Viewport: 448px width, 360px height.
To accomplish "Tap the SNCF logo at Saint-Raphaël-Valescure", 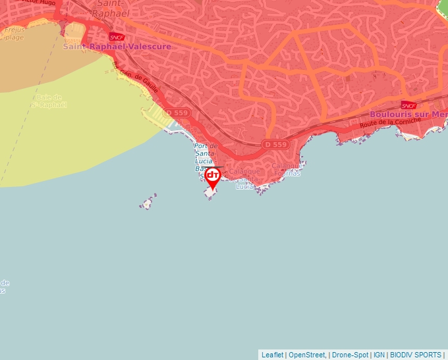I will coord(117,38).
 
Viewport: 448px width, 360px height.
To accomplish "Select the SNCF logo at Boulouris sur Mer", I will coord(408,105).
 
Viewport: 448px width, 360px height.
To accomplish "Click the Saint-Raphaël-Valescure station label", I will coord(117,47).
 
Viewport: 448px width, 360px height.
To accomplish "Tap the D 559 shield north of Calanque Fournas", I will coord(275,144).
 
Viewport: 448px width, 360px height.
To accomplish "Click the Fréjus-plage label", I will coord(13,34).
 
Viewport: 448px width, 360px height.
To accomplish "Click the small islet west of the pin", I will coord(148,202).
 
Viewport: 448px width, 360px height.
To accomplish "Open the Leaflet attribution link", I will coord(272,355).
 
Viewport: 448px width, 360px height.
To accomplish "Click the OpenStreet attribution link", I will coord(307,355).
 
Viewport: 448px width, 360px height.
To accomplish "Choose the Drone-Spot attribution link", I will coord(350,355).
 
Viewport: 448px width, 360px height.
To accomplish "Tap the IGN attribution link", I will coord(379,355).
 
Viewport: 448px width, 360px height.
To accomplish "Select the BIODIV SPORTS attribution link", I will coord(416,355).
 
